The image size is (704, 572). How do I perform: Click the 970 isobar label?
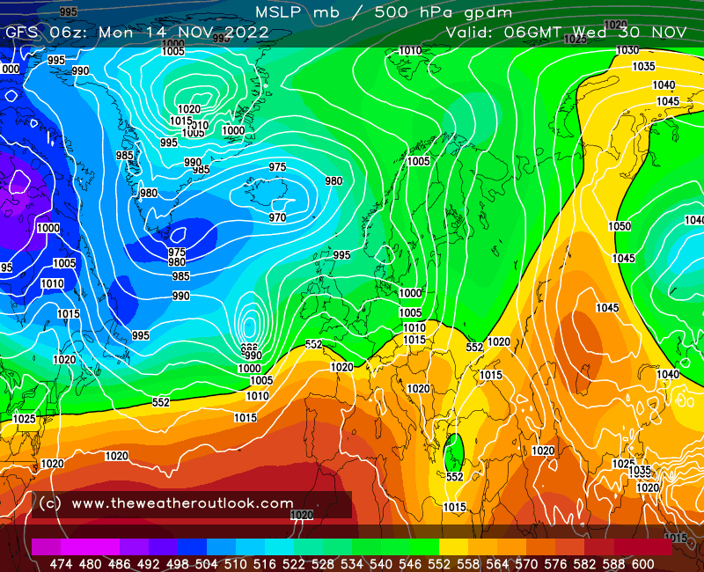tap(277, 217)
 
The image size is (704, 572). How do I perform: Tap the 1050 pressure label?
tap(620, 226)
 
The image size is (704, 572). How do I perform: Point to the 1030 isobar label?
tap(627, 50)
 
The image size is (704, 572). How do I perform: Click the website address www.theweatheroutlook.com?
tap(182, 503)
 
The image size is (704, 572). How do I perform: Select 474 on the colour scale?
tap(61, 563)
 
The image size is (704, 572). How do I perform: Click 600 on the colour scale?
tap(642, 563)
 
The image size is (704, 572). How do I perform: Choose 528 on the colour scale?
tap(322, 563)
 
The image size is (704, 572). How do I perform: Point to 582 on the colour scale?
tap(583, 563)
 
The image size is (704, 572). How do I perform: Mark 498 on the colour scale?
tap(177, 563)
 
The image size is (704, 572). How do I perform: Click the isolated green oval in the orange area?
tap(454, 451)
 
